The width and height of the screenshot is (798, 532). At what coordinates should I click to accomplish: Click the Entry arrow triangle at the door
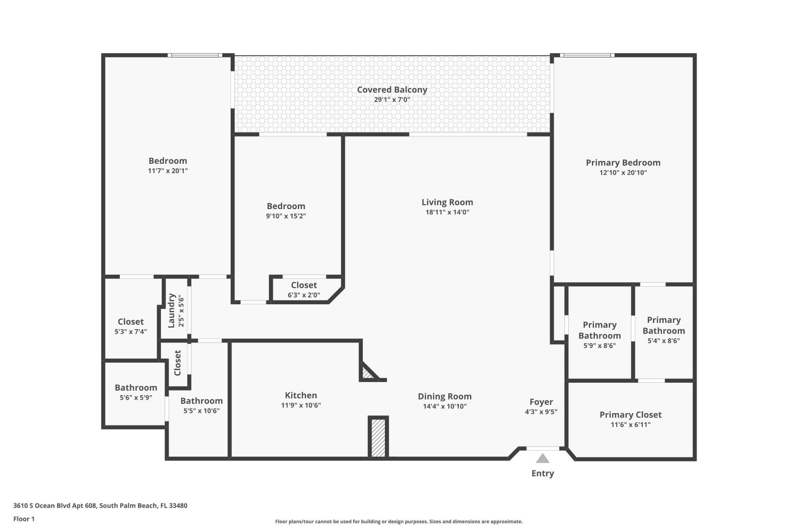(542, 459)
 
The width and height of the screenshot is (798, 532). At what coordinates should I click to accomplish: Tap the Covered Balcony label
(392, 89)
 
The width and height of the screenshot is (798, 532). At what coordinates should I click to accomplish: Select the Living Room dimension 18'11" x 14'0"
(447, 212)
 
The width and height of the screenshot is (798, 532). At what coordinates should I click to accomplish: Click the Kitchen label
(301, 395)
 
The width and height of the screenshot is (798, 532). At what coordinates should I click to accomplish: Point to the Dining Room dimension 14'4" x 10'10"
(445, 406)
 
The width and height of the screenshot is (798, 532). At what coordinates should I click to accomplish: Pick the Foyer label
(541, 402)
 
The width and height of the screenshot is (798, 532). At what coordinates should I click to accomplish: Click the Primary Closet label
(631, 414)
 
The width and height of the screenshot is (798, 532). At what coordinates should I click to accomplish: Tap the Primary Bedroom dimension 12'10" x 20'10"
(623, 172)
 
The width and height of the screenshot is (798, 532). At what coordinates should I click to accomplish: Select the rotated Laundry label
(171, 310)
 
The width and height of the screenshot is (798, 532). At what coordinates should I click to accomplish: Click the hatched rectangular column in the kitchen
(378, 438)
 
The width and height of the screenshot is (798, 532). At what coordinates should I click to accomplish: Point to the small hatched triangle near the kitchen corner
(367, 373)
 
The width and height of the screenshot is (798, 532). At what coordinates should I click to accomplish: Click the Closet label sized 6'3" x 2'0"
(304, 285)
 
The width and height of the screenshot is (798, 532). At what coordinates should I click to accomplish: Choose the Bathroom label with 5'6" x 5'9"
(136, 387)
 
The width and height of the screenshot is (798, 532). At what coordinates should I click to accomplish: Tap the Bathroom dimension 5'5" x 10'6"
(202, 411)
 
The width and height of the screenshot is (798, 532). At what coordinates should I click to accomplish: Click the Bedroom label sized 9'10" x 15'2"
(286, 206)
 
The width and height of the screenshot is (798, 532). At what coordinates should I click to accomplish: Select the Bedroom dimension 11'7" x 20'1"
(168, 171)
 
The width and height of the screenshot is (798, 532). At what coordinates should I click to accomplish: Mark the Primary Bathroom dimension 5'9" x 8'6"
(599, 345)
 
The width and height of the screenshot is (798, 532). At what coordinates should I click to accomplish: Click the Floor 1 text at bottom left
(24, 519)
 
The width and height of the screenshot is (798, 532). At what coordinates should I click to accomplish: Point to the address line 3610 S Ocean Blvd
(100, 505)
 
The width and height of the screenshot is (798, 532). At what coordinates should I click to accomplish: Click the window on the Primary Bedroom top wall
(586, 55)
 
